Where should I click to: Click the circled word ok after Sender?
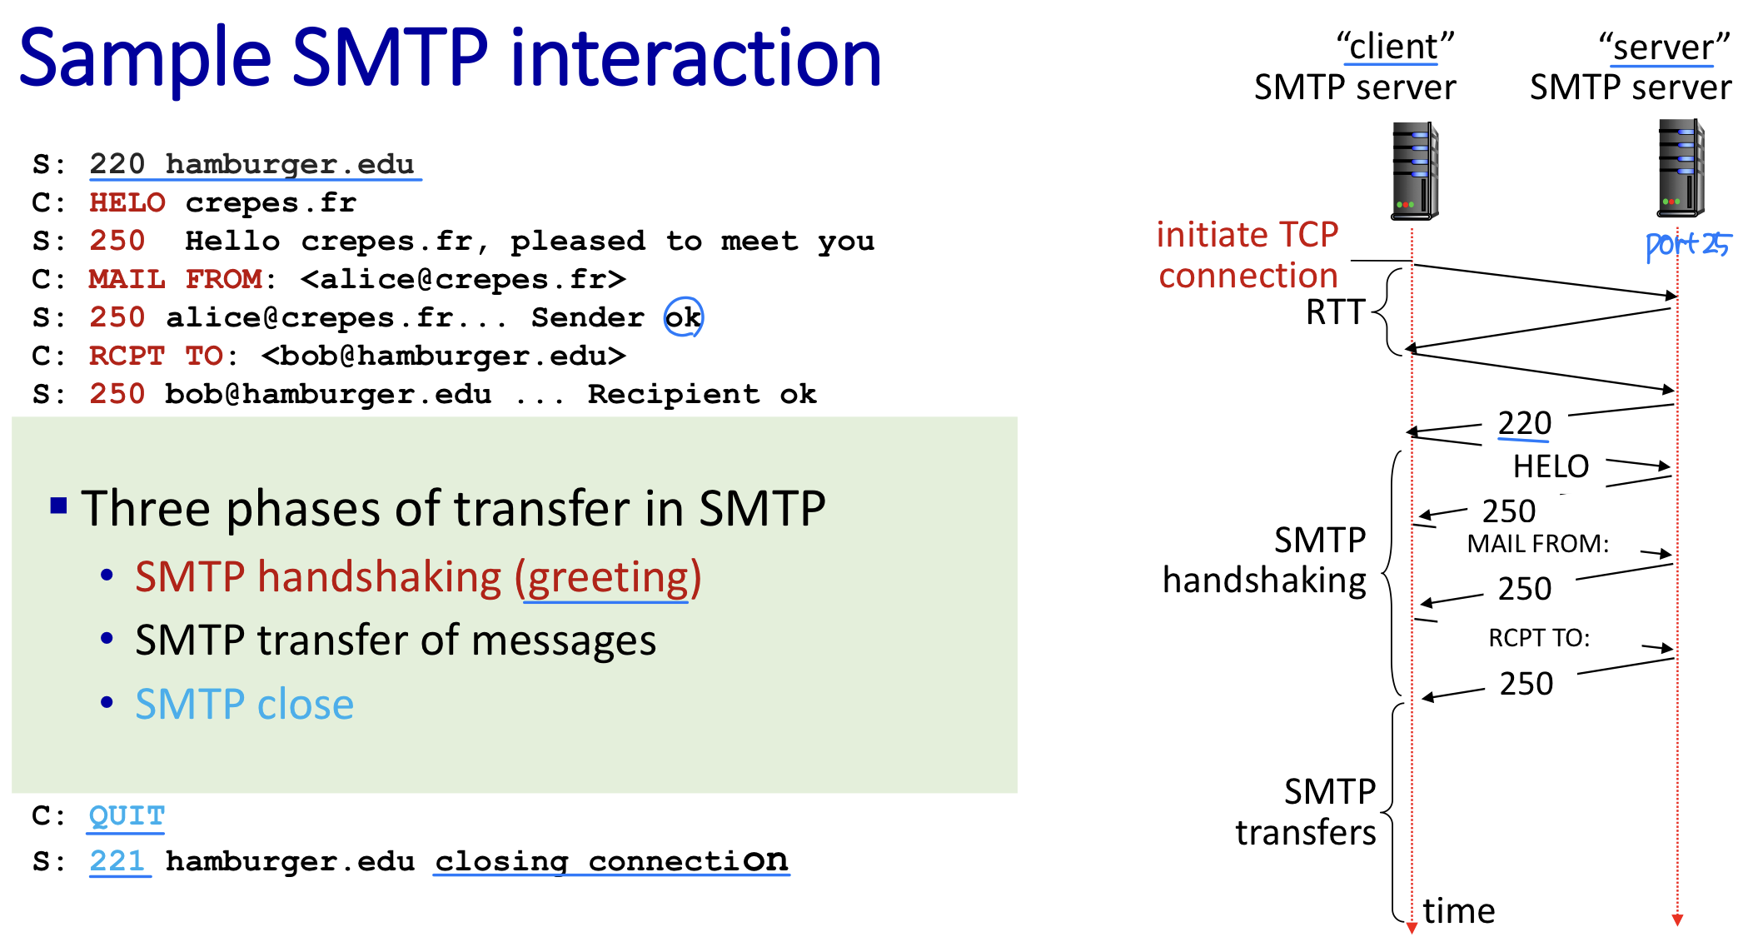coord(683,317)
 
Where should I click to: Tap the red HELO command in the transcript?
coord(127,202)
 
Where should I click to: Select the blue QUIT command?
coord(127,815)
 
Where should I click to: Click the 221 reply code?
coord(117,860)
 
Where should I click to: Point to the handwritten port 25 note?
coord(1688,245)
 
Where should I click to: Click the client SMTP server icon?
coord(1415,171)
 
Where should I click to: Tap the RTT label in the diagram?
coord(1335,312)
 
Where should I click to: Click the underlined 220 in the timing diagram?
coord(1524,423)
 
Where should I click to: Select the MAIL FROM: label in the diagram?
coord(1538,544)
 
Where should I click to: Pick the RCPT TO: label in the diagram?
coord(1539,638)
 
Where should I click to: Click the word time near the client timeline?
coord(1459,910)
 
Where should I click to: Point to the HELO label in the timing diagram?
coord(1551,466)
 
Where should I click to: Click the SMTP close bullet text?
coord(245,704)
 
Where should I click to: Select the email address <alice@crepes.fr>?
coord(463,279)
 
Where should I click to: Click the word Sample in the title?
coord(146,58)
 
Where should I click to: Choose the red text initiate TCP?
coord(1248,235)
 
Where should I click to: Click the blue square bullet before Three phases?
coord(58,505)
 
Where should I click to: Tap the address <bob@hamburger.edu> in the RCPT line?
coord(444,356)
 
